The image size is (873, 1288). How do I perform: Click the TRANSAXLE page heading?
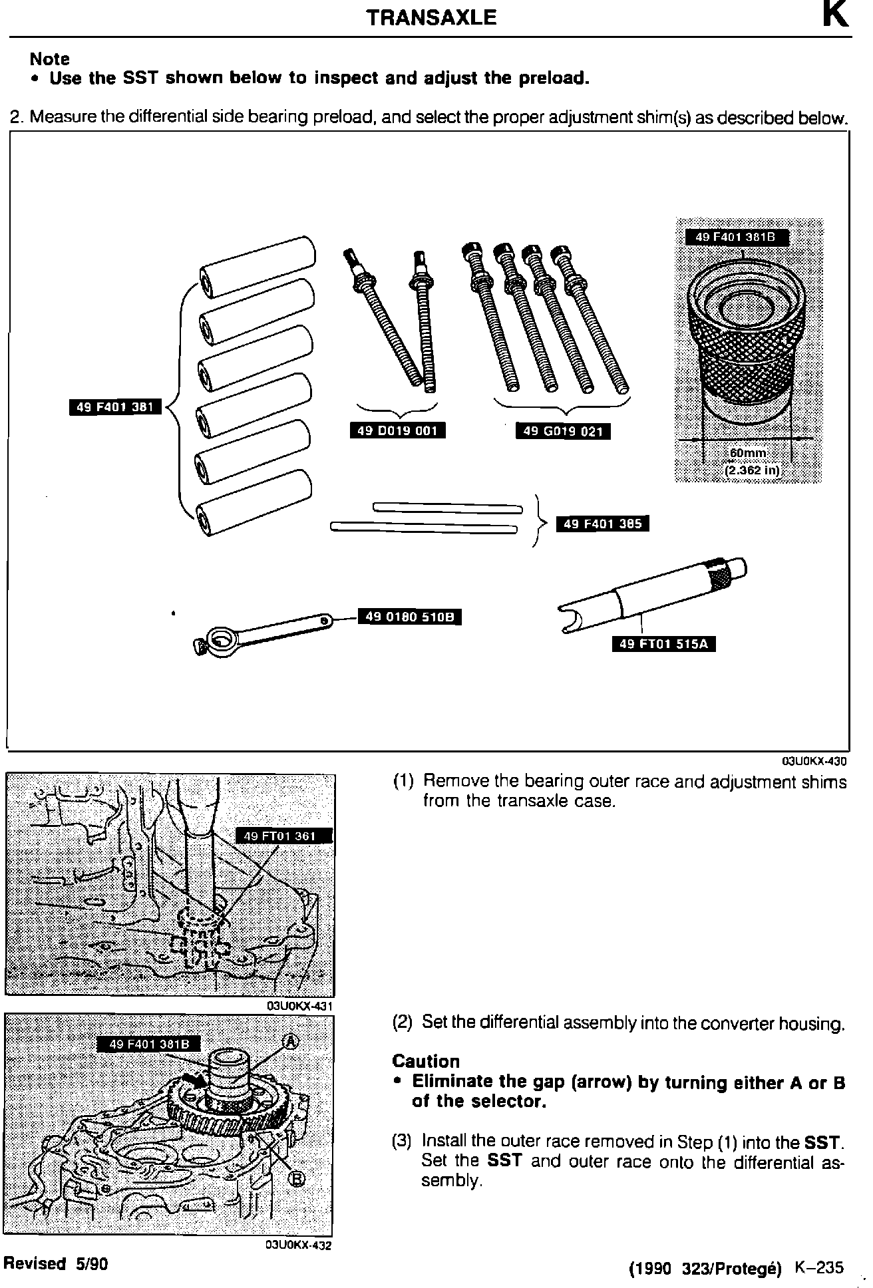point(431,17)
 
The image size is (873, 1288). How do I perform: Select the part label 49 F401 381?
point(116,406)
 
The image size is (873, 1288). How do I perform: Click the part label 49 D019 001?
point(397,430)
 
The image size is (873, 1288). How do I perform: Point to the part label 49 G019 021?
point(563,431)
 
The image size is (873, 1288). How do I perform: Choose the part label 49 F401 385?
point(602,524)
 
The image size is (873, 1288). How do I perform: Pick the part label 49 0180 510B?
point(410,617)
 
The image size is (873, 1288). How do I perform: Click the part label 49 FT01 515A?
point(663,643)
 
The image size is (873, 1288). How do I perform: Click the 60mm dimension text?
point(748,453)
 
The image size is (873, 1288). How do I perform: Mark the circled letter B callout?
point(297,1179)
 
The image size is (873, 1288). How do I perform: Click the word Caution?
point(426,1061)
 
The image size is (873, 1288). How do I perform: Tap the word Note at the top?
point(49,59)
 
